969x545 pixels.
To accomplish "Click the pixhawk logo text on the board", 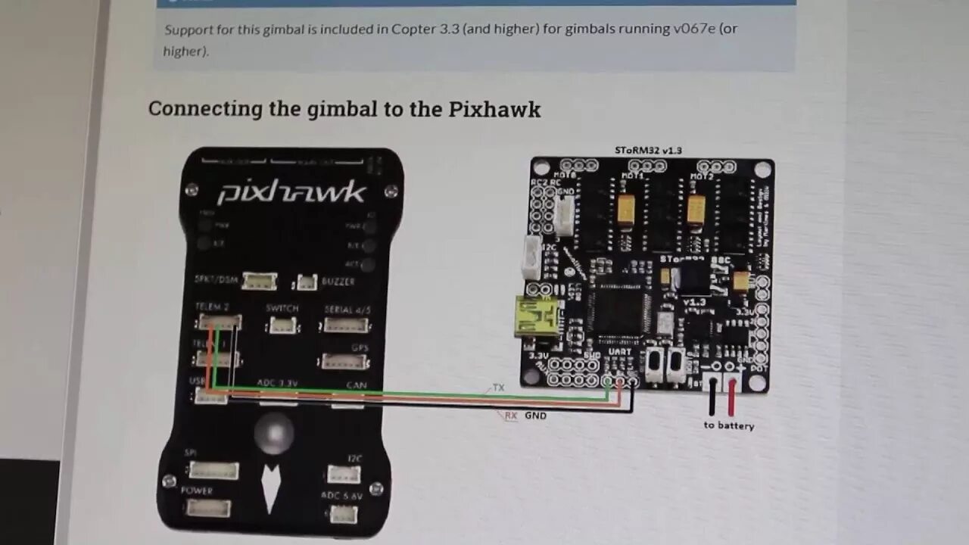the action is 291,193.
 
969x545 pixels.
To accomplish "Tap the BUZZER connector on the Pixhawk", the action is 306,282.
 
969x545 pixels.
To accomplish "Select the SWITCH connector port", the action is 282,325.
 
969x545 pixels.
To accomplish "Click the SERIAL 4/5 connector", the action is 346,325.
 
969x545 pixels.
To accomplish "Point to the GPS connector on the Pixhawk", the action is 344,362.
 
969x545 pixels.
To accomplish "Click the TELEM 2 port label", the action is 212,307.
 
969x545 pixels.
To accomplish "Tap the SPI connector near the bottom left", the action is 213,470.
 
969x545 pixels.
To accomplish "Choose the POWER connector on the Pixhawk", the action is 208,507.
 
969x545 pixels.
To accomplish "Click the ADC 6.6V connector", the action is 343,514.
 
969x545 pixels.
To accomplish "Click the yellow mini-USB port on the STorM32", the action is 535,316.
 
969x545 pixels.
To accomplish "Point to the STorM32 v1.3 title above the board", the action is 648,150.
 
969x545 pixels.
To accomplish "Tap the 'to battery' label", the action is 728,425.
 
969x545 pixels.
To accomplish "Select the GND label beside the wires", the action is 535,416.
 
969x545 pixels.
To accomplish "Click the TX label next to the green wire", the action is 498,388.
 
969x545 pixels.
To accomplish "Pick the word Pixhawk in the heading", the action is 494,109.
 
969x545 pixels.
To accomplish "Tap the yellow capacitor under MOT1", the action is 626,210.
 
